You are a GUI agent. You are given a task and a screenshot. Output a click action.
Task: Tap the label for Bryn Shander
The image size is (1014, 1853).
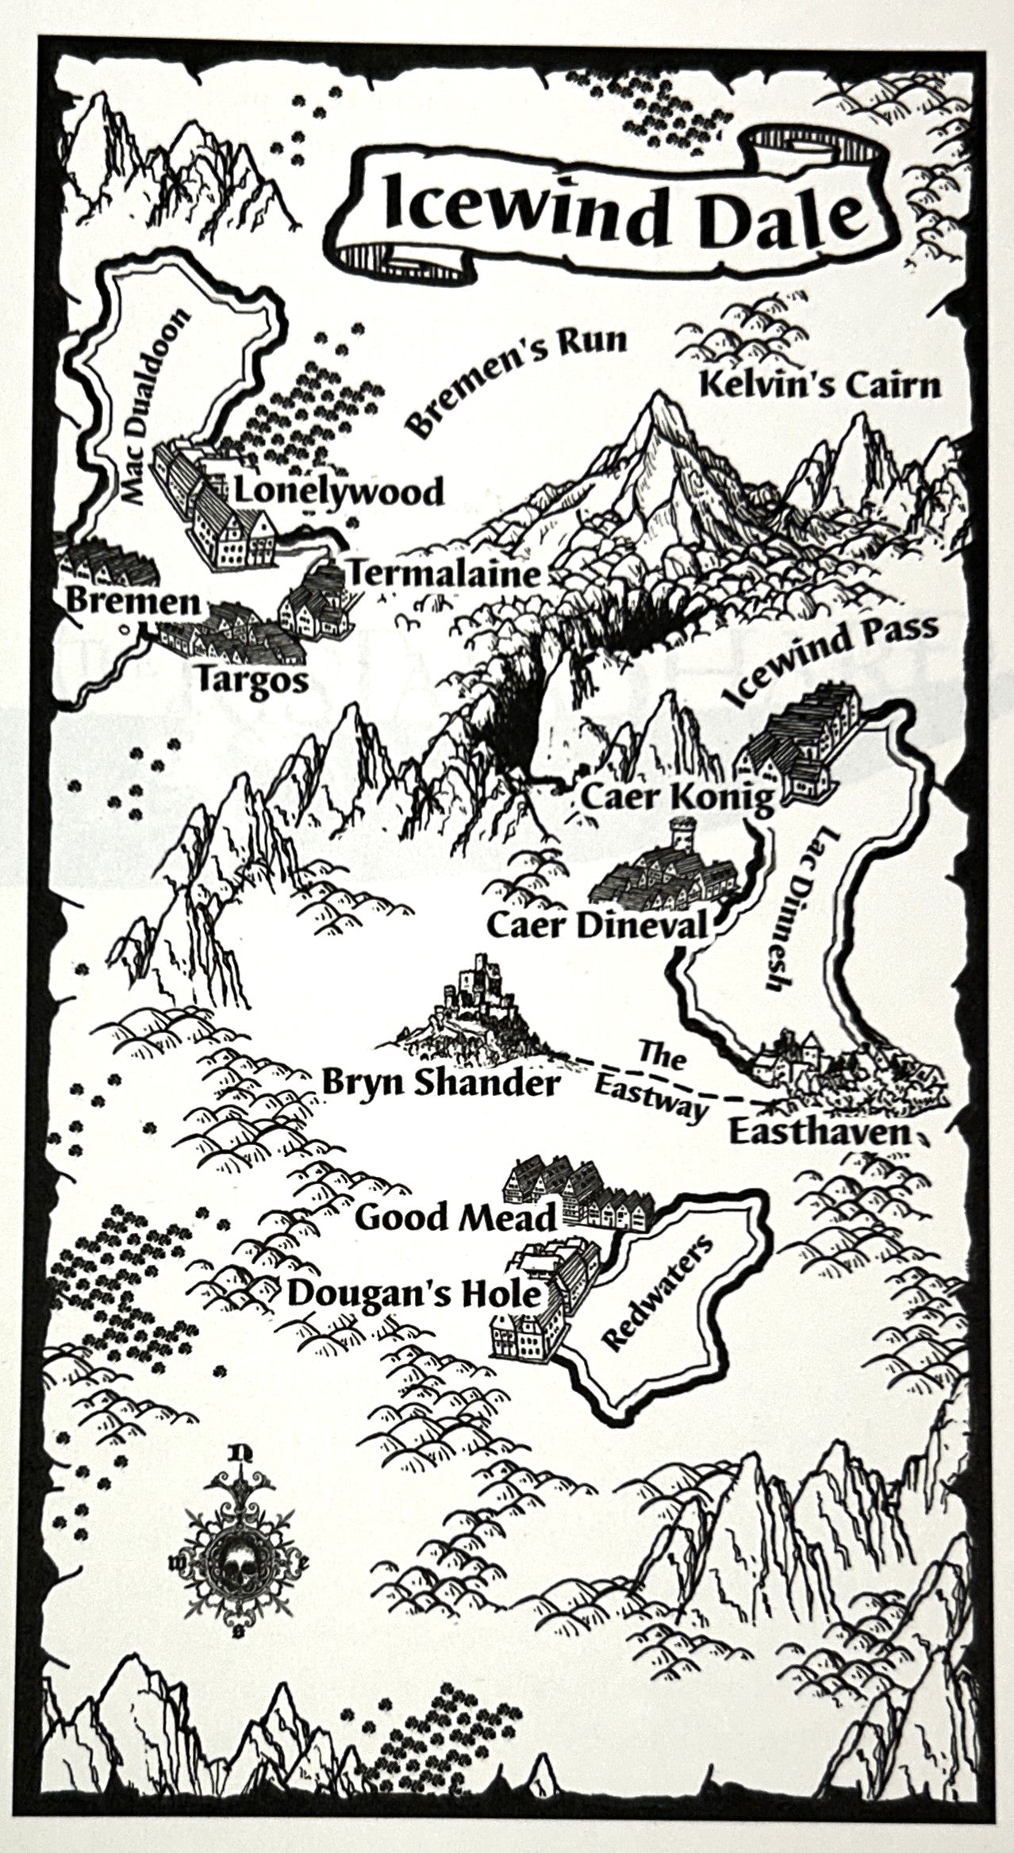441,1084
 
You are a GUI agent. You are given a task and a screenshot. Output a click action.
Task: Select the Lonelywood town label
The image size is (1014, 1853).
338,493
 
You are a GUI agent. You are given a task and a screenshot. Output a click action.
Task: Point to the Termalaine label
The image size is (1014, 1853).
445,573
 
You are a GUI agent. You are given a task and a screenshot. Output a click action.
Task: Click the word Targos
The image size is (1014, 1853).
252,680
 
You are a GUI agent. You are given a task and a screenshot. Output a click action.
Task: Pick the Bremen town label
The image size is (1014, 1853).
132,603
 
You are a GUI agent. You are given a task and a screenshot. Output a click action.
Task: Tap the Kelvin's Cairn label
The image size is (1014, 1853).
821,386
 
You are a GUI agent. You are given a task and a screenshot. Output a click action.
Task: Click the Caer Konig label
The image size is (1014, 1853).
677,799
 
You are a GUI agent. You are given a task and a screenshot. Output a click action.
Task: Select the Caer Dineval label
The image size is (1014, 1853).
596,925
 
